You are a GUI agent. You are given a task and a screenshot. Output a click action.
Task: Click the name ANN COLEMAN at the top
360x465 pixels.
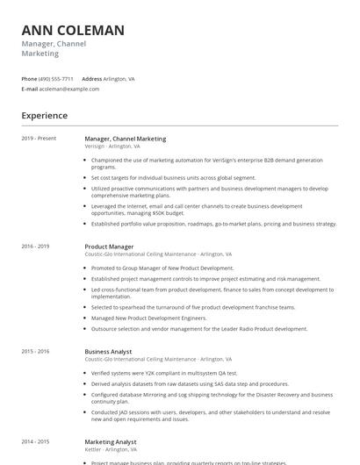pos(73,31)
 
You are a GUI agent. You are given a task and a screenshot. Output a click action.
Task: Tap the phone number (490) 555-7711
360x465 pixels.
pos(57,78)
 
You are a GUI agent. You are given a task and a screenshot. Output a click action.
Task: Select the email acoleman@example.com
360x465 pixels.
pos(69,89)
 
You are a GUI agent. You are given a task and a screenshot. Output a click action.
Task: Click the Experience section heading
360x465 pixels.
pos(45,116)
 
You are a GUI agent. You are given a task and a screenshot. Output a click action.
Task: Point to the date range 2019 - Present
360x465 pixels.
pos(39,139)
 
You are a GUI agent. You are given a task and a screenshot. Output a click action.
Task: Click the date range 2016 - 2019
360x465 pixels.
pos(36,247)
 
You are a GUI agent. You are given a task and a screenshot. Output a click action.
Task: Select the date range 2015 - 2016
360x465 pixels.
pos(36,351)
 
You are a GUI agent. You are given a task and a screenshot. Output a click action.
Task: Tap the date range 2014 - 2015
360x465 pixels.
pos(36,442)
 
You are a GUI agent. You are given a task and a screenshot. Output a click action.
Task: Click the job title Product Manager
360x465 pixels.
pos(109,247)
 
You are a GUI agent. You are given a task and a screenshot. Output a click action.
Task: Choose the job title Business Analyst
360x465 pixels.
pos(108,351)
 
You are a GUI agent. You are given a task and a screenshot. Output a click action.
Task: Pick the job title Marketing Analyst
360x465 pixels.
pos(110,442)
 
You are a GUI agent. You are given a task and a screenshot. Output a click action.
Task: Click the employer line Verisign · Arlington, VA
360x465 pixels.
pos(112,147)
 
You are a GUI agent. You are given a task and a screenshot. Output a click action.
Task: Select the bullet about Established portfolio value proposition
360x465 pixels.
pos(213,224)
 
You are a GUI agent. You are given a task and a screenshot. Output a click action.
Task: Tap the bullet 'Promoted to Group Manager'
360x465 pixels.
pos(162,268)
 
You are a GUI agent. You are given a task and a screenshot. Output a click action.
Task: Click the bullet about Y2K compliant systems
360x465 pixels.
pos(164,372)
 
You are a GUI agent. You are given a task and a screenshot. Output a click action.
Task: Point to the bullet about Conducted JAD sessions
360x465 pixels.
pos(211,414)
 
